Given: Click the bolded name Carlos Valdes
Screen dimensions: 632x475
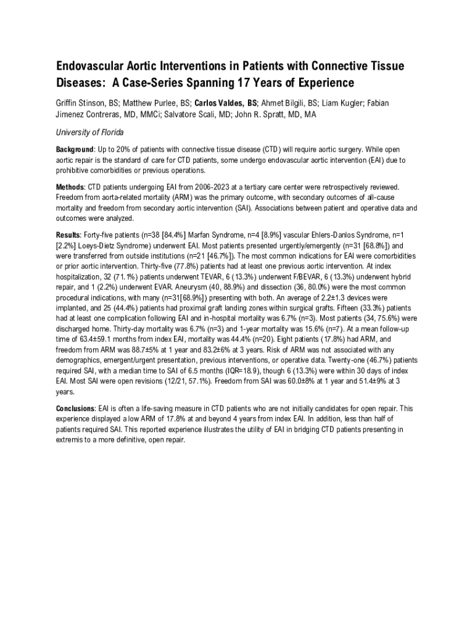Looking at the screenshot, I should tap(220, 102).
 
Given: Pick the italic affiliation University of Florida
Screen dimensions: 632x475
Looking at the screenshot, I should tap(90, 133).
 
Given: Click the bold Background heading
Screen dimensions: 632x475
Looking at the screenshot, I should tap(75, 149).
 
